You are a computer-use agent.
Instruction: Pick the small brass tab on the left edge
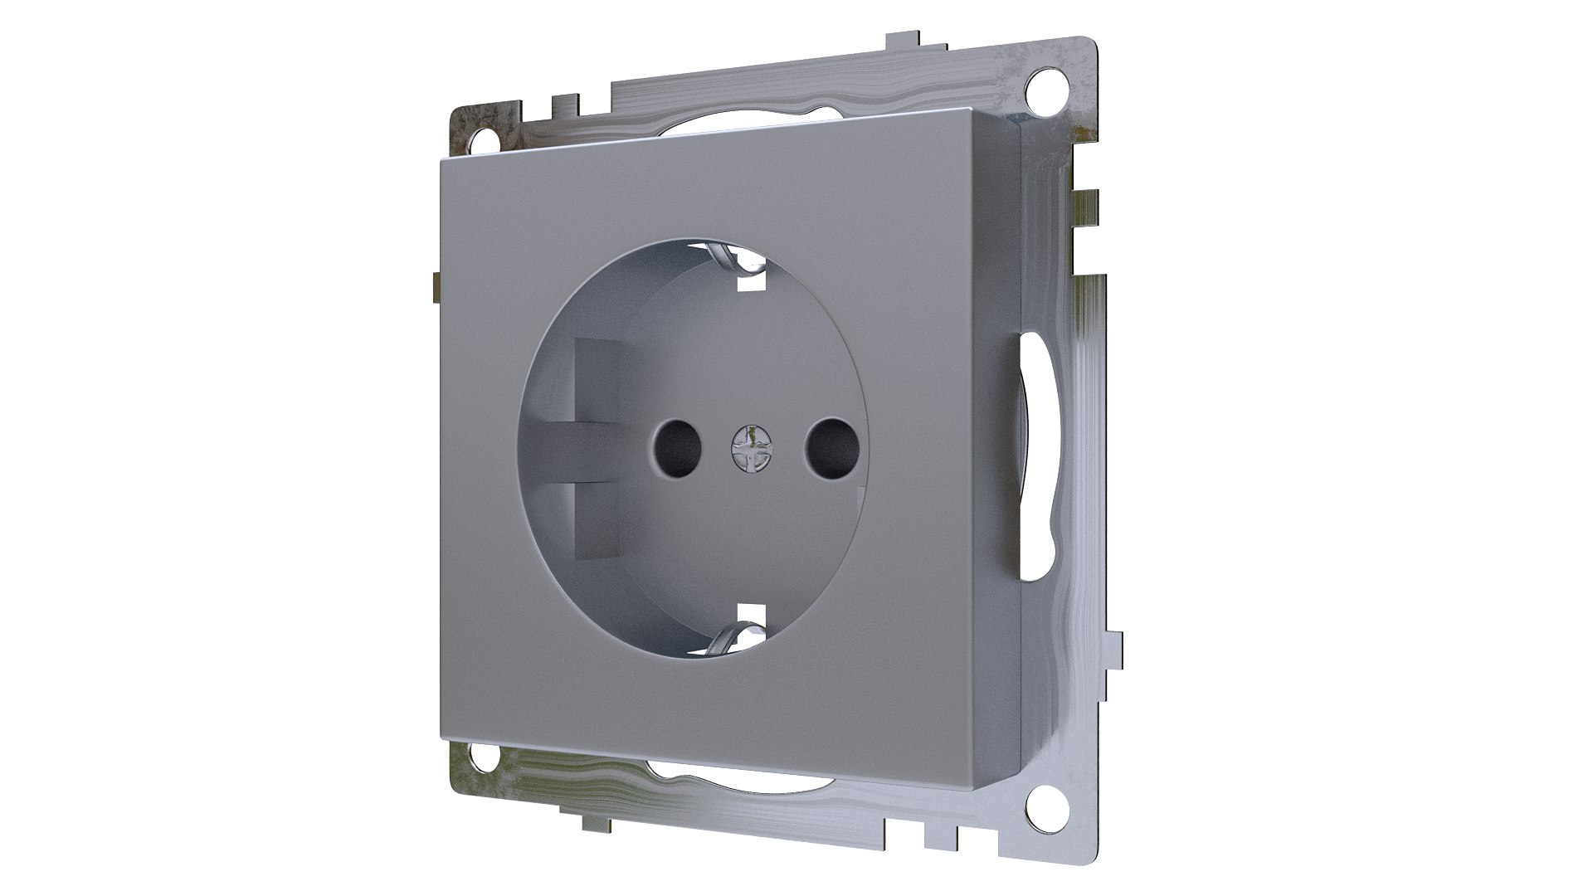click(435, 286)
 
